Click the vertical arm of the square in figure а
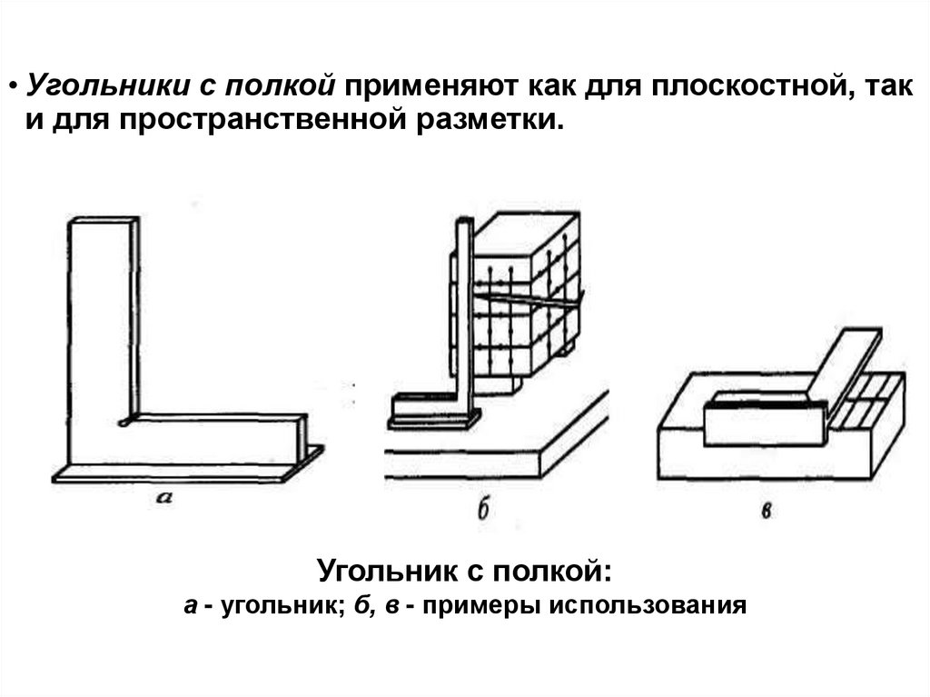pyautogui.click(x=102, y=318)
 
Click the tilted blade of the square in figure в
pyautogui.click(x=845, y=363)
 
